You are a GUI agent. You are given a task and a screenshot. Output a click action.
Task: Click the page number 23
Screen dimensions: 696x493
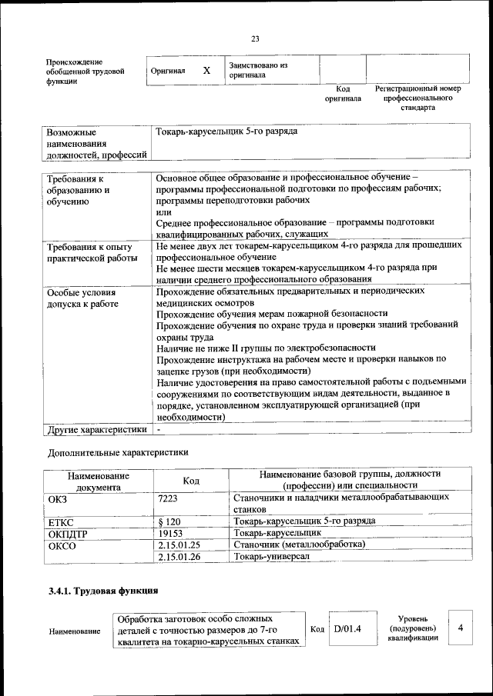coord(255,39)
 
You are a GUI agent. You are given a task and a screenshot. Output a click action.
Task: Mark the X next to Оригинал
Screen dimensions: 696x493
coord(206,71)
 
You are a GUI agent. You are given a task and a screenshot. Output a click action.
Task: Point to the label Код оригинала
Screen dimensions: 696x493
coord(343,94)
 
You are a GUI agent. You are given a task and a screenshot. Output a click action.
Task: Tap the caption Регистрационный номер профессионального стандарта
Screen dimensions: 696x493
coord(418,98)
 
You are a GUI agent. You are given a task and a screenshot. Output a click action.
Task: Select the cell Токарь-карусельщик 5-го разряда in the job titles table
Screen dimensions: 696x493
coord(226,132)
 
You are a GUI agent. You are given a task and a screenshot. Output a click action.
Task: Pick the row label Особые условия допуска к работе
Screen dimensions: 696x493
coord(82,298)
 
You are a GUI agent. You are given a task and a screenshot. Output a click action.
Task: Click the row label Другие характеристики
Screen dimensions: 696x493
coord(96,429)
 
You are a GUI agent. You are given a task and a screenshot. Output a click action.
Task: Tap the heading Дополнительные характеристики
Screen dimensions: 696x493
coord(118,452)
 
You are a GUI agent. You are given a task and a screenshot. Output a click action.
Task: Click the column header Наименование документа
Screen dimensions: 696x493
coord(98,481)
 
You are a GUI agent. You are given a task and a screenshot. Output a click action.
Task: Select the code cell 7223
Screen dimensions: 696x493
coord(168,498)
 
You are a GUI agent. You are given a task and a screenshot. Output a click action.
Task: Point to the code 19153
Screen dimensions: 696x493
coord(171,533)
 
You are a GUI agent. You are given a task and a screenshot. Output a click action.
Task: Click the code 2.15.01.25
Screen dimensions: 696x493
coord(179,544)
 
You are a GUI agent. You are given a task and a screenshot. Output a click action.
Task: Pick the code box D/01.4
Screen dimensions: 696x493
coord(348,630)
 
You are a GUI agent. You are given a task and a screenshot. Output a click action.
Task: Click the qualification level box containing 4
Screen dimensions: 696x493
coord(460,629)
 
